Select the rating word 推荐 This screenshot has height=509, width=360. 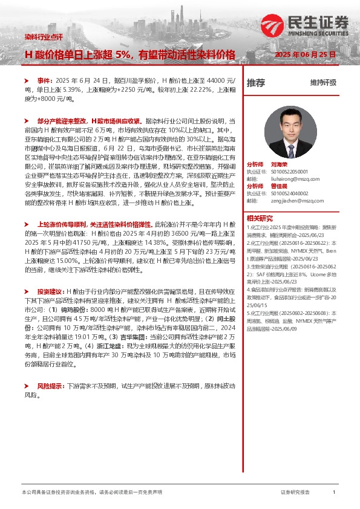[x=257, y=83]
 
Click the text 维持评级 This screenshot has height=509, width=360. [x=323, y=83]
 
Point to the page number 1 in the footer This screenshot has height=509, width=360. [x=334, y=493]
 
